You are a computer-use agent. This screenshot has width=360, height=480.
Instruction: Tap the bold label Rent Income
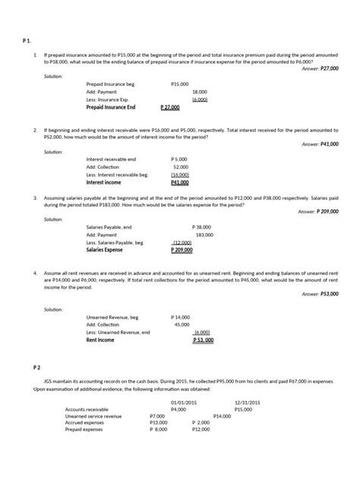100,339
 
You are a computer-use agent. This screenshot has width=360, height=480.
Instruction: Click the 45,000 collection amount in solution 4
182,324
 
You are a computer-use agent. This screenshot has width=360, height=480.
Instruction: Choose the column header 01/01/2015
183,401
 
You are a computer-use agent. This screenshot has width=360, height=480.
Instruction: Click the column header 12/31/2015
248,401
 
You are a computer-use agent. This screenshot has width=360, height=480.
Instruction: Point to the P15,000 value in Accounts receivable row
243,409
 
